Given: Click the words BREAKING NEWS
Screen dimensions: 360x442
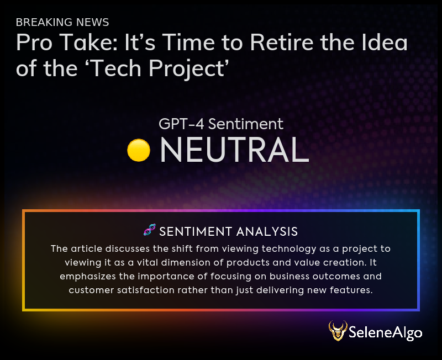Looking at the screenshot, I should [62, 22].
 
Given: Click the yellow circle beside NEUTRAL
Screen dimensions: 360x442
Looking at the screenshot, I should [139, 150].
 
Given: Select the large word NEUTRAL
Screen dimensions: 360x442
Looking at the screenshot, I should [234, 150].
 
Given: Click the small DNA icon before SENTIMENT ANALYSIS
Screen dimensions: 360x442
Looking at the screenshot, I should [149, 230].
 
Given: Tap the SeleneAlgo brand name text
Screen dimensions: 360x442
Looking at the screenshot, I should [386, 332].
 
